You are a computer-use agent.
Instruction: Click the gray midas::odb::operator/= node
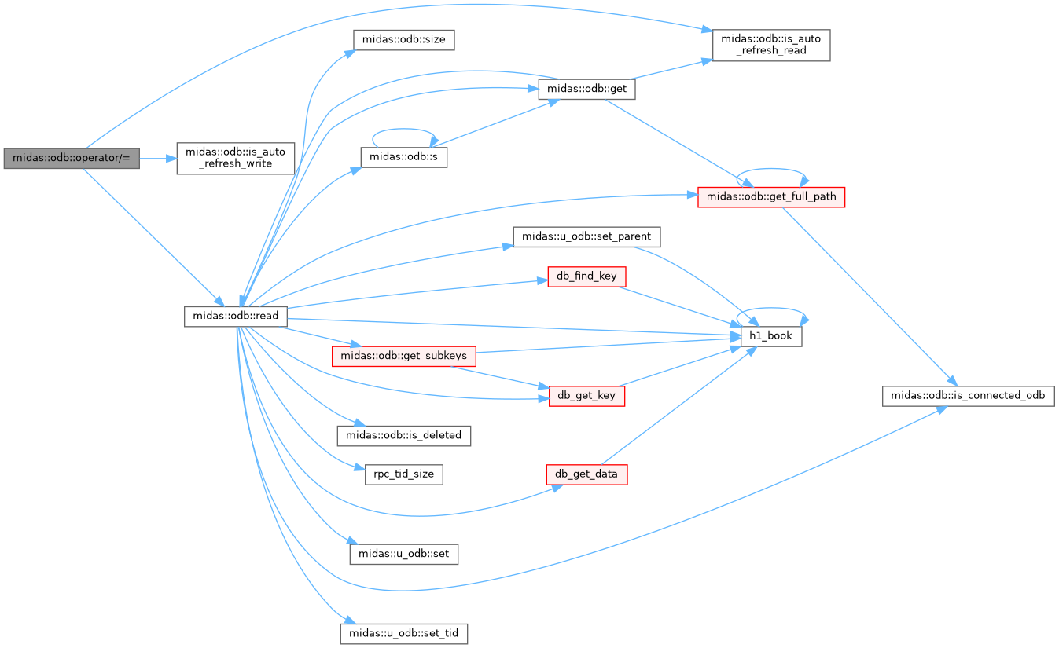click(x=72, y=158)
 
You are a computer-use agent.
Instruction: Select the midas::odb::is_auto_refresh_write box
click(x=235, y=158)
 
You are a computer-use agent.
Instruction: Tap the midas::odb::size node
click(x=404, y=40)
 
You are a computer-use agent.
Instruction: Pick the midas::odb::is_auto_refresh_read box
click(x=770, y=46)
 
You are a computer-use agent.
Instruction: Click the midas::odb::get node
click(x=586, y=90)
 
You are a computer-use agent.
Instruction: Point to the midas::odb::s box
click(x=404, y=157)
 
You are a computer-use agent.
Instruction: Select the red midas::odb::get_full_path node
click(x=771, y=197)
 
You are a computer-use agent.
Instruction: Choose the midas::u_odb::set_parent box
click(x=586, y=236)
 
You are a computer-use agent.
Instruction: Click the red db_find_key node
click(x=586, y=276)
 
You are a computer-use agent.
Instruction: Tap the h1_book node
click(x=771, y=336)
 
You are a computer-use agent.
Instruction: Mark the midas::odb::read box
click(x=235, y=316)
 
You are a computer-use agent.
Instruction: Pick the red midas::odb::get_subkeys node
click(x=404, y=356)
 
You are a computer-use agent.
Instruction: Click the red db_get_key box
click(x=586, y=396)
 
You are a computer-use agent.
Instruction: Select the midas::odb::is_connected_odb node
click(x=969, y=396)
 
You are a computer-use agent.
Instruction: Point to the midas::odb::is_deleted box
click(x=404, y=435)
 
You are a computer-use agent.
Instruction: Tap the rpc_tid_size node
click(x=404, y=474)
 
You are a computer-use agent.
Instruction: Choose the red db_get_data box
click(x=586, y=474)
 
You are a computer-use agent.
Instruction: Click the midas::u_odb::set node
click(x=404, y=554)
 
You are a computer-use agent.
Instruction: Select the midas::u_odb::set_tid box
click(x=404, y=634)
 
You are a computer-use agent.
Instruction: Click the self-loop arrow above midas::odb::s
click(x=403, y=129)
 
